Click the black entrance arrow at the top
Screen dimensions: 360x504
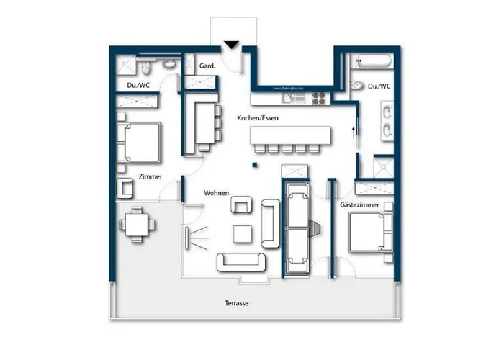(231, 46)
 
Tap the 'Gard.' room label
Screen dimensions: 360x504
(206, 66)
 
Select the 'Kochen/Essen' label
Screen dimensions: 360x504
(257, 117)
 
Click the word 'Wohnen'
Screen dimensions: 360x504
(217, 193)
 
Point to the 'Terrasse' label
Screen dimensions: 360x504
(236, 304)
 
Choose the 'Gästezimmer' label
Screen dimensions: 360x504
(355, 205)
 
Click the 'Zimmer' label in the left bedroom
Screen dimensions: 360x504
(150, 176)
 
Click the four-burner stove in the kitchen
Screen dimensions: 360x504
(318, 97)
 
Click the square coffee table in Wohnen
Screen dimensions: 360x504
(243, 233)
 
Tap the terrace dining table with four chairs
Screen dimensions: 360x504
(137, 223)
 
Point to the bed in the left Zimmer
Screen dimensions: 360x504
(139, 141)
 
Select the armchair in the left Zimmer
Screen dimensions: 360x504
(126, 188)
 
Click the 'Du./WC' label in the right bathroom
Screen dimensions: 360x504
(379, 86)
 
